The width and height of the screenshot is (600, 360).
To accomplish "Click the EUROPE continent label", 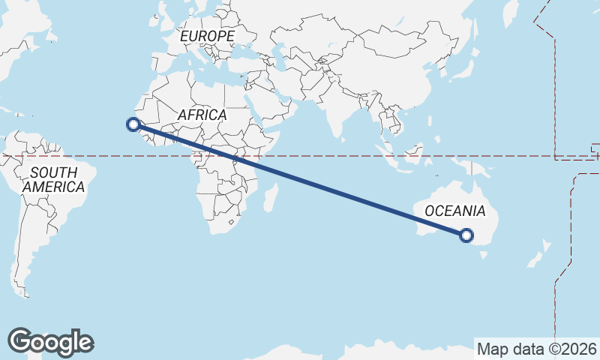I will click(207, 36).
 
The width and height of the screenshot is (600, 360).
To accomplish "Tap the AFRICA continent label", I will click(202, 115).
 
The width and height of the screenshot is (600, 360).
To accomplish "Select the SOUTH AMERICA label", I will click(52, 180).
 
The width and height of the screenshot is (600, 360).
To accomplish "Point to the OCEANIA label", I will click(454, 211).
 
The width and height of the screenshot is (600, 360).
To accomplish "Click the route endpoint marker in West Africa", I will click(134, 124).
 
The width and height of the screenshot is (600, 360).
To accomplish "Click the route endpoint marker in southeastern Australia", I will click(466, 235).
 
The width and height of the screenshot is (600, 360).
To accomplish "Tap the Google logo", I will click(50, 342).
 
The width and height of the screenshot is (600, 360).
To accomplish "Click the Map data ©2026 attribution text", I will click(537, 349).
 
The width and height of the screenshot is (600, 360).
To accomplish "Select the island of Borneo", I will click(411, 154).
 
